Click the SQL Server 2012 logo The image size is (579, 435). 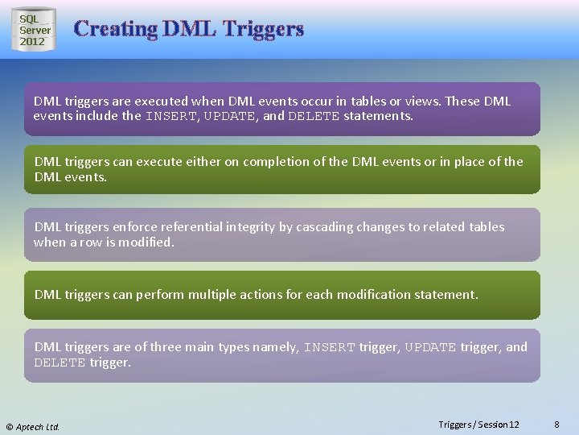[x=34, y=30]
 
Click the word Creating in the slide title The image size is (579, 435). [x=115, y=29]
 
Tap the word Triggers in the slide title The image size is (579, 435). [x=263, y=29]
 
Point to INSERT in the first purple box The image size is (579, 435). [x=171, y=116]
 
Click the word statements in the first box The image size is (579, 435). [x=378, y=116]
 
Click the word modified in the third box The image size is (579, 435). [x=149, y=242]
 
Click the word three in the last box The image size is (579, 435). [x=165, y=347]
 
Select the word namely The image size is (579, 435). [x=275, y=347]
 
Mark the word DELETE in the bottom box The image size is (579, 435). [x=60, y=362]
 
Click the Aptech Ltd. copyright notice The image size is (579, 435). [x=34, y=426]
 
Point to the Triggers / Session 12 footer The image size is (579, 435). [x=478, y=425]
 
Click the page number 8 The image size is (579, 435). [x=557, y=425]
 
